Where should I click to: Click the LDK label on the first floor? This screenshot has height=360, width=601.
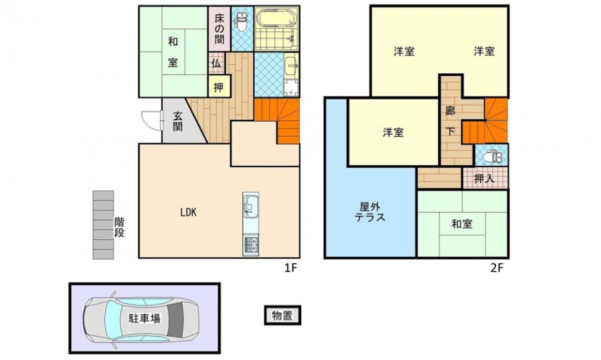coord(188,212)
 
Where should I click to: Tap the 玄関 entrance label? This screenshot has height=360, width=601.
coord(177,121)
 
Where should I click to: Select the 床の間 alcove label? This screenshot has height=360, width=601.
coord(219,28)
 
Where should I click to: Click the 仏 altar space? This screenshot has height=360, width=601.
coord(216,64)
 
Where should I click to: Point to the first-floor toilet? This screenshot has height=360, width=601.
coord(242,23)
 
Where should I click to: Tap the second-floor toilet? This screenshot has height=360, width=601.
coord(492,157)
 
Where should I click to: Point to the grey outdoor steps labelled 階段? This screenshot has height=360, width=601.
coord(103,225)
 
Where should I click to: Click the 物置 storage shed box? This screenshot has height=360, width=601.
coord(282,315)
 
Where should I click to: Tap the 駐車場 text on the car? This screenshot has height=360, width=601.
coord(144,318)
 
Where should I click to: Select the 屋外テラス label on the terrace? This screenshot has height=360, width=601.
coord(370,212)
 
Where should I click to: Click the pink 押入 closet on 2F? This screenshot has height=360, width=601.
coord(485,178)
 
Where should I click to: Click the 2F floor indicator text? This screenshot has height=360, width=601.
coord(496,268)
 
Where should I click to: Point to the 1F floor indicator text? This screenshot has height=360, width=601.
coord(291,268)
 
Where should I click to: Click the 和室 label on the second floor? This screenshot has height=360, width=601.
coord(462,224)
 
